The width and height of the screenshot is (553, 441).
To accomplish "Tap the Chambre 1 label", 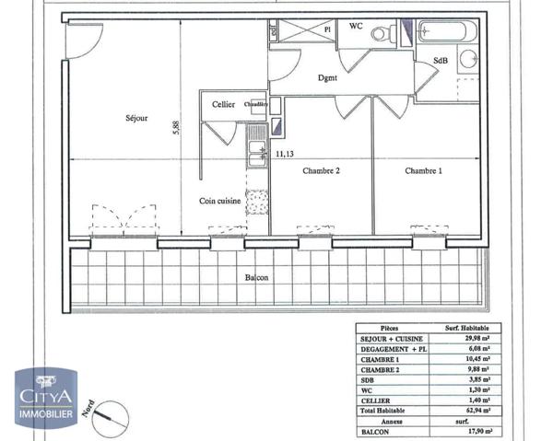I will point(423,171).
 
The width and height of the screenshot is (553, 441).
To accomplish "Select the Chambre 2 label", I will point(322,171).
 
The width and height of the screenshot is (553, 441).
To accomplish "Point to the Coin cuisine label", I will point(220,200).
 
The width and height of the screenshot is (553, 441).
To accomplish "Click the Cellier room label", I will point(222,105).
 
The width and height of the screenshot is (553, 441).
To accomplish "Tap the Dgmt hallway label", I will point(327,77).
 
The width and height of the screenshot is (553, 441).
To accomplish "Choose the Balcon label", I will point(257,277).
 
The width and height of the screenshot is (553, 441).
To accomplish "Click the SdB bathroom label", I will point(441,61).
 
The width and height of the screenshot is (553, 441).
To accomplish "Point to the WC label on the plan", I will point(356,27).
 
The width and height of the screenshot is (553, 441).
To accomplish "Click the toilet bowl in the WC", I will point(379,33).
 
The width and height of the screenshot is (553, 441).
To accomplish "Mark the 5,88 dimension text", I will point(175,131).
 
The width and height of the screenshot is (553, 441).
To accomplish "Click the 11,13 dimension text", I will point(286,155).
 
